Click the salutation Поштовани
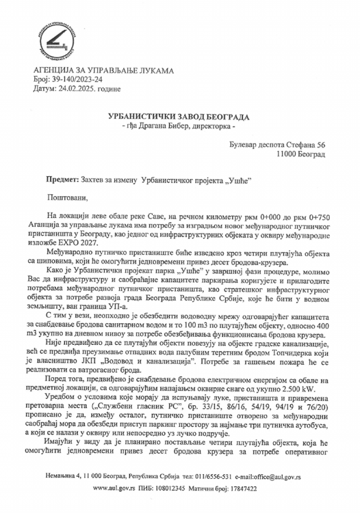68,198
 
